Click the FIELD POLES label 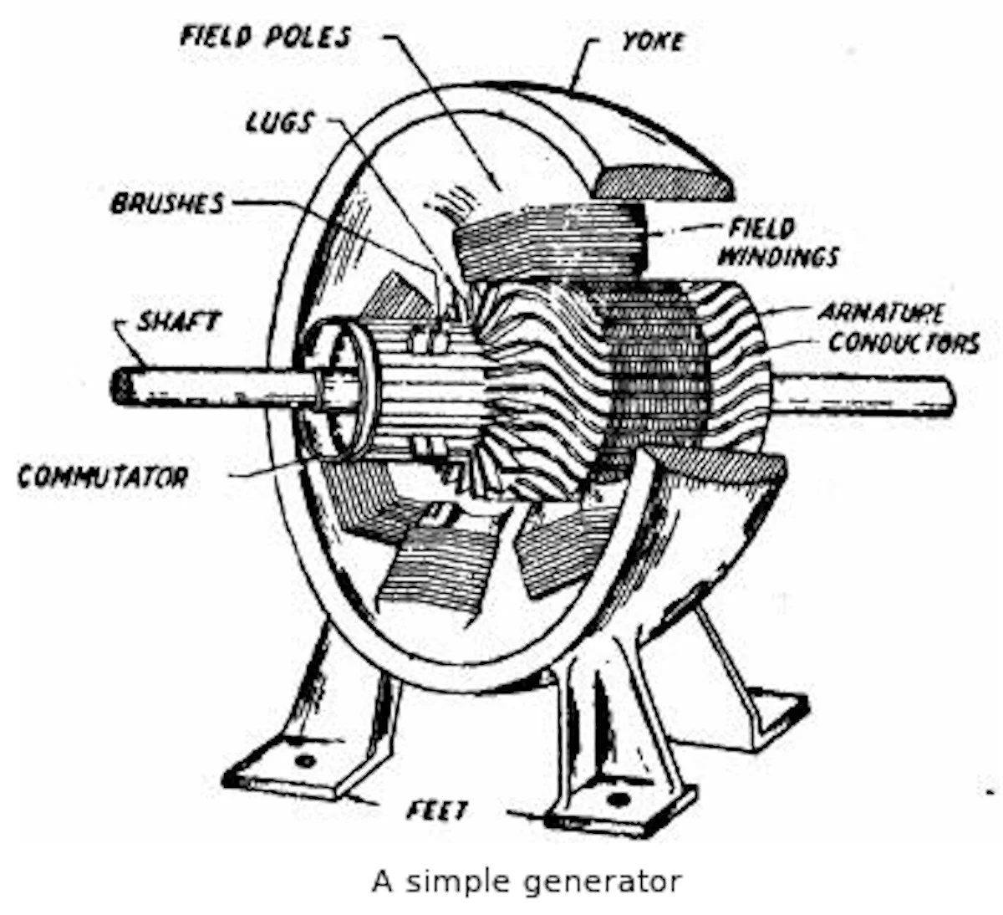pos(266,37)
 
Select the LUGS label pos(279,123)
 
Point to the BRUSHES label pos(167,202)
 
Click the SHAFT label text pos(178,320)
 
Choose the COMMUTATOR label pos(103,477)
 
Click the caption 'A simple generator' pos(527,881)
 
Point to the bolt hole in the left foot pos(305,762)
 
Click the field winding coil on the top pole pos(547,243)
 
